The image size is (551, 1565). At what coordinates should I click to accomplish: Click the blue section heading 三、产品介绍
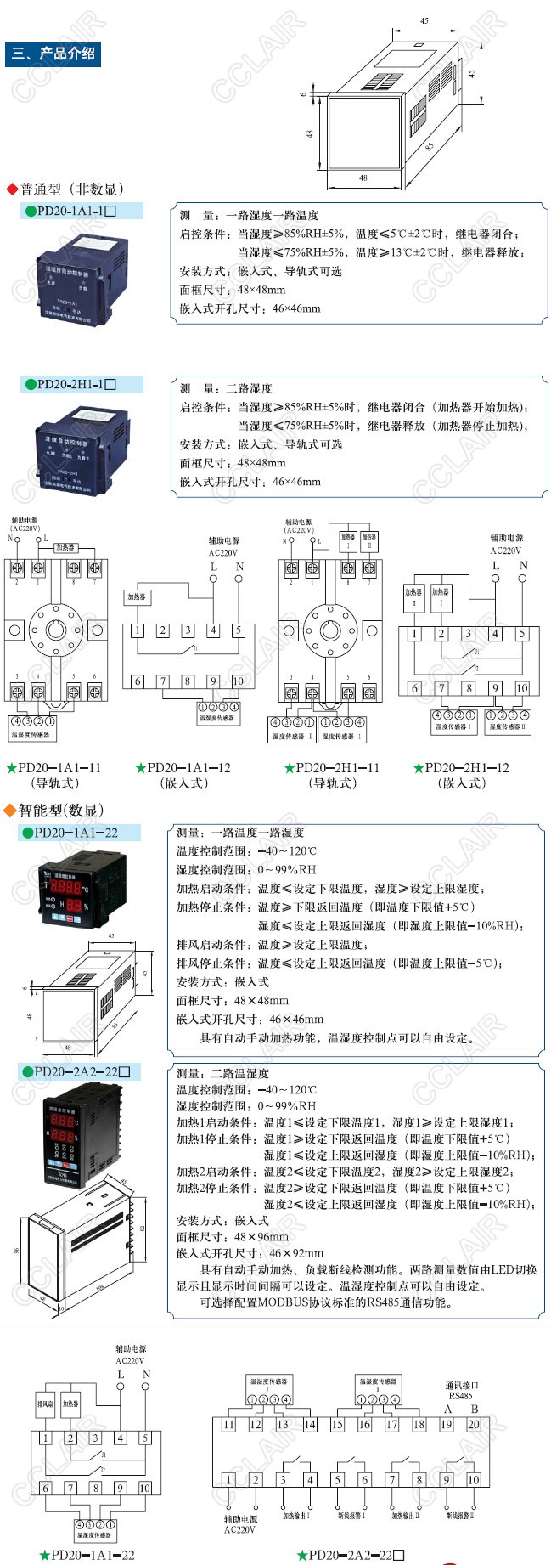tap(53, 54)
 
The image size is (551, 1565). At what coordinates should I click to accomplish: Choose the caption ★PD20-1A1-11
tap(54, 768)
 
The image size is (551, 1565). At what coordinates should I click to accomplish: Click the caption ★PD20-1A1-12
tap(183, 768)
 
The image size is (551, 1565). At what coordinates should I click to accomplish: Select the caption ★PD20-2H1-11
tap(332, 768)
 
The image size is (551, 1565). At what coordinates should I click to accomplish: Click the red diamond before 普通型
tap(12, 189)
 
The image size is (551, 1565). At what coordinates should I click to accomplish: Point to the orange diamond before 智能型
tap(10, 811)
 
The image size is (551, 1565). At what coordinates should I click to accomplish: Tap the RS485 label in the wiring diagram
tap(461, 1395)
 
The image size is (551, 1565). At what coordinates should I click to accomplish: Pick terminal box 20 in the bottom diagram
tap(474, 1425)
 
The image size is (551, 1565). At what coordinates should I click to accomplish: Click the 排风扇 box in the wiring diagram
tap(45, 1404)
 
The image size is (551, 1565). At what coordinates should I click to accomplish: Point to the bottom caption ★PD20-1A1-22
tap(87, 1555)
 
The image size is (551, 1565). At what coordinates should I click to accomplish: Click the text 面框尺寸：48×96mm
tap(232, 1237)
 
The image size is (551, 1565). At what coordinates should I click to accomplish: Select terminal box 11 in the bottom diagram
tap(228, 1425)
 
